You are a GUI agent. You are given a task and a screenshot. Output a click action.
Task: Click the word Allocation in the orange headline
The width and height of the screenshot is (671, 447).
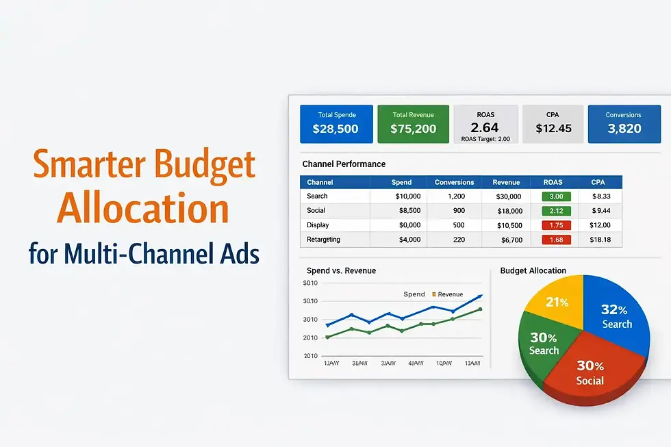pyautogui.click(x=143, y=208)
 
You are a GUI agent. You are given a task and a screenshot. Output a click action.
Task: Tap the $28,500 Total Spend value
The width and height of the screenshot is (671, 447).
pyautogui.click(x=336, y=128)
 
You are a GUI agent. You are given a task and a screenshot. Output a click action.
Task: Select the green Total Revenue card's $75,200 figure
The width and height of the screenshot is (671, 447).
pyautogui.click(x=413, y=128)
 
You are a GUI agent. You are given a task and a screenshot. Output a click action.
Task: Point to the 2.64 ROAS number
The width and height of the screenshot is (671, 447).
pyautogui.click(x=485, y=127)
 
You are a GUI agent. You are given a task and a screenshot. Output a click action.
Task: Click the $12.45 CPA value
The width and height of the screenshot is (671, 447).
pyautogui.click(x=553, y=128)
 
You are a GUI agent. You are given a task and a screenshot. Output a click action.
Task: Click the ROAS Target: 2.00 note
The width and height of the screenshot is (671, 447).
pyautogui.click(x=485, y=138)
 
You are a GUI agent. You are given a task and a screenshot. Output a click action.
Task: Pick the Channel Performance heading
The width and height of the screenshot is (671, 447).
pyautogui.click(x=344, y=164)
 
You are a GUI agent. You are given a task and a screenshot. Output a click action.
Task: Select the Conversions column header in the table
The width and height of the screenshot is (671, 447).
pyautogui.click(x=454, y=182)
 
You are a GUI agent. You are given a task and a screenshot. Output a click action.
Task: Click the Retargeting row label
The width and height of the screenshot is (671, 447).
pyautogui.click(x=324, y=240)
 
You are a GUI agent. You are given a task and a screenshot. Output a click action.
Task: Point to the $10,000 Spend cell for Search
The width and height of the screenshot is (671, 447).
pyautogui.click(x=407, y=196)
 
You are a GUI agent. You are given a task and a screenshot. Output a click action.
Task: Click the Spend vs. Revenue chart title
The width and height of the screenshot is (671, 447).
pyautogui.click(x=341, y=271)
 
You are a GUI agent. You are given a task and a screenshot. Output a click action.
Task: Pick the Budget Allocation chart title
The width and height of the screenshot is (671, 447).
pyautogui.click(x=533, y=271)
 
